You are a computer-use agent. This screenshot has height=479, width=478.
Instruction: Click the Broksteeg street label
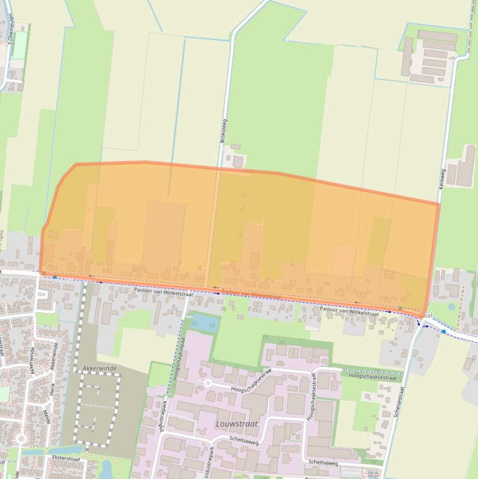[x=224, y=131]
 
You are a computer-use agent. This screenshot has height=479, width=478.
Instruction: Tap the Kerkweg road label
[x=443, y=178]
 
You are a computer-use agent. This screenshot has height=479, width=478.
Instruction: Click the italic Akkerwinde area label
[x=99, y=368]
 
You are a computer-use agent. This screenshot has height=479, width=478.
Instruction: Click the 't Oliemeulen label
[x=11, y=29]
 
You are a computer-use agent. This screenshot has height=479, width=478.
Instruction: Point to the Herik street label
[x=53, y=389]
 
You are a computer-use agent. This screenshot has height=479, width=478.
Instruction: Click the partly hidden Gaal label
[x=427, y=316]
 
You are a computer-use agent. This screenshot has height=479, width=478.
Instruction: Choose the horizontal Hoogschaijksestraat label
[x=372, y=376]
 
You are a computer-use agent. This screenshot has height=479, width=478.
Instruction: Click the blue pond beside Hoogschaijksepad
[x=202, y=322]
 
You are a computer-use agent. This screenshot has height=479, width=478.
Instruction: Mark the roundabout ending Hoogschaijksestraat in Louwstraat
[x=208, y=383]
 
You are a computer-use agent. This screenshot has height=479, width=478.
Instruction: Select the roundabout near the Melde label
[x=21, y=439]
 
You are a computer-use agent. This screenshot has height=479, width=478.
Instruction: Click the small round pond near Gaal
[x=451, y=307]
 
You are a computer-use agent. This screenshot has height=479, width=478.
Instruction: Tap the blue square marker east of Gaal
[x=443, y=332]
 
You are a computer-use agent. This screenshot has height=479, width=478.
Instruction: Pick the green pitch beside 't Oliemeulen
[x=19, y=45]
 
